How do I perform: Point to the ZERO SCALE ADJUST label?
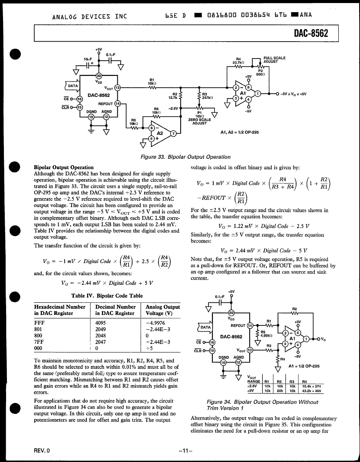click(x=199, y=122)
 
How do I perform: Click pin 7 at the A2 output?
click(x=174, y=134)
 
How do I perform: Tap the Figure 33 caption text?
click(x=185, y=157)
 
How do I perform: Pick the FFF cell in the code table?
click(x=39, y=322)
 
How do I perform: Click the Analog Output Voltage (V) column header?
click(x=163, y=310)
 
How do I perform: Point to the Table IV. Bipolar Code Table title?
click(x=107, y=295)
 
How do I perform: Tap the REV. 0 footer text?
click(x=42, y=451)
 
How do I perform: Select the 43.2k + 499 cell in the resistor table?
click(x=310, y=391)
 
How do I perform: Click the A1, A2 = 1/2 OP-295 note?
click(x=239, y=132)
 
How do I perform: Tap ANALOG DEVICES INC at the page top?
click(x=89, y=16)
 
